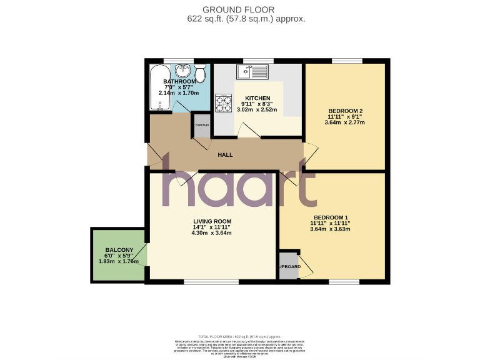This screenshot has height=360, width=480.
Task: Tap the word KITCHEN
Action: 257,99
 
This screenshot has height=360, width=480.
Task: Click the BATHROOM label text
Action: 179,82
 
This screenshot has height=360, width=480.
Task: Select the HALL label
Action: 226,155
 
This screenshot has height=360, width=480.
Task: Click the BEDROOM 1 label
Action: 330,217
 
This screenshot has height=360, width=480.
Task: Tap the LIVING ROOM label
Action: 212,221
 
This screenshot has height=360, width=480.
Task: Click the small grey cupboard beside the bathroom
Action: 202,124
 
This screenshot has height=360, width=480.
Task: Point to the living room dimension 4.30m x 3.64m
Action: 212,233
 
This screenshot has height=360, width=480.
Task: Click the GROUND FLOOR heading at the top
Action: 246,9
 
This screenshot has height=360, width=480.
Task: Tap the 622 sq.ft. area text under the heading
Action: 213,19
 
